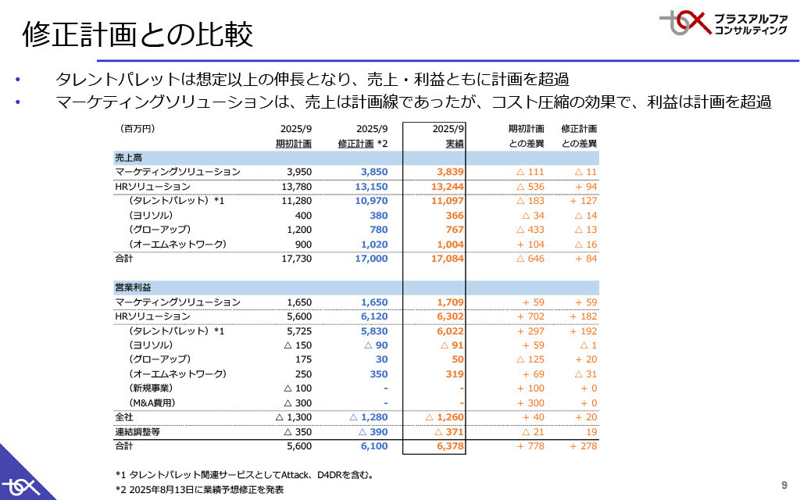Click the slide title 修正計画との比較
click(137, 34)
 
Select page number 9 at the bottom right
click(784, 483)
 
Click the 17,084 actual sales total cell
click(448, 259)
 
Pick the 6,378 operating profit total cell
click(448, 446)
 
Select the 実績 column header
click(455, 144)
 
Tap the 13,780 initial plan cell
click(296, 187)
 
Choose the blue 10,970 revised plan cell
click(371, 202)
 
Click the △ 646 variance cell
click(530, 259)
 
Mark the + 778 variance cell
click(530, 446)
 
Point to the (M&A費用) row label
click(152, 403)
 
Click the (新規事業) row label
click(151, 388)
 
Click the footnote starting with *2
click(199, 490)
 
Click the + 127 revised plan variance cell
click(583, 202)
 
